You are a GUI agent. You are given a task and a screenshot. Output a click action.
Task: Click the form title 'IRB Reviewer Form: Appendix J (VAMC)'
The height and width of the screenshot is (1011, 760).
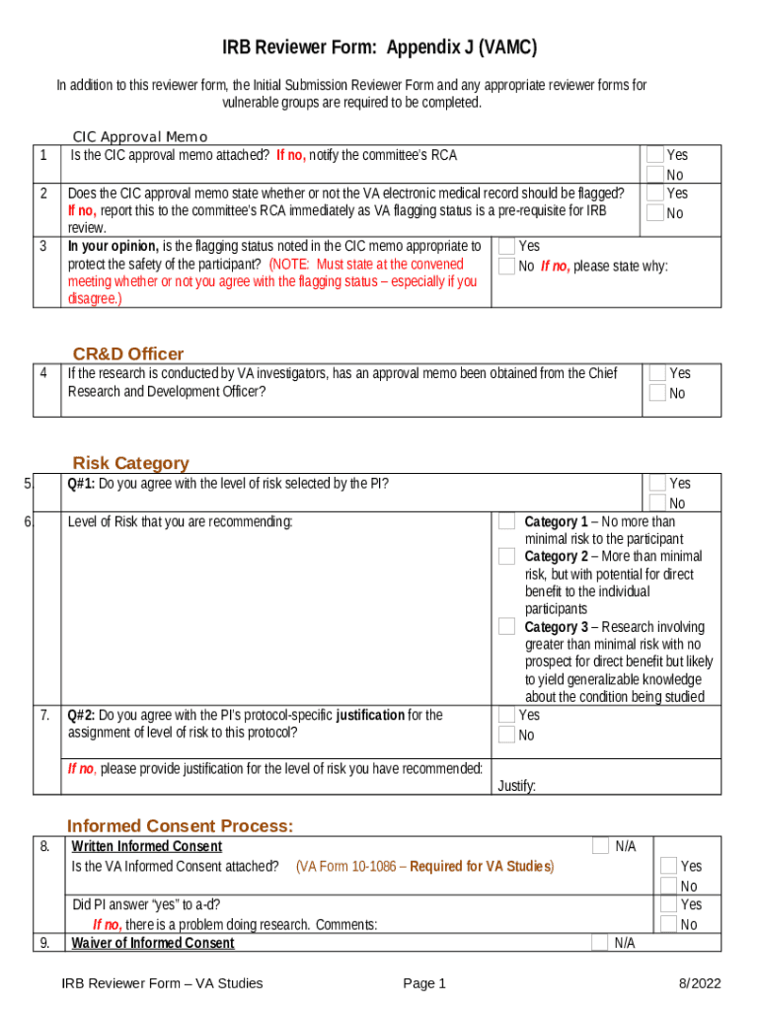point(379,48)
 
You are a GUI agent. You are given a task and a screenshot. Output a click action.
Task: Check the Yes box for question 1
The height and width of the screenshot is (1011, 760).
point(655,155)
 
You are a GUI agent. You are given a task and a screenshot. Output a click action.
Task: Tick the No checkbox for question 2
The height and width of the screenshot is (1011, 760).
point(655,212)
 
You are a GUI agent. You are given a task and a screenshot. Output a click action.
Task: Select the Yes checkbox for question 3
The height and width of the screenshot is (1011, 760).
point(506,246)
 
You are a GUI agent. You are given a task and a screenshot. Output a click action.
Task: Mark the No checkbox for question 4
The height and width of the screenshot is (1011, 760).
point(657,393)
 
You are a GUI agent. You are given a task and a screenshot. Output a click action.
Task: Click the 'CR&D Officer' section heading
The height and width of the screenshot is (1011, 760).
point(127,353)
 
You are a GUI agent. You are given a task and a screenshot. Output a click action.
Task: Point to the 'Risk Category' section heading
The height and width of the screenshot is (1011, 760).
point(130,463)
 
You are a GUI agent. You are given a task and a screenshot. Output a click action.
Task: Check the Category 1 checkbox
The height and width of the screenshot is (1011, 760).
point(506,521)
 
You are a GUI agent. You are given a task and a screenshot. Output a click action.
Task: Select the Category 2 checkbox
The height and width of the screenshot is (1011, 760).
point(506,557)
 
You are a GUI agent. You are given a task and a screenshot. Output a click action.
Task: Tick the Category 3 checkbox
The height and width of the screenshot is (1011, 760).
point(506,627)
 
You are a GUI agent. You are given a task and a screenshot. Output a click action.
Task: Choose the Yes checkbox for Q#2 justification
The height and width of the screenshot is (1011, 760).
point(506,715)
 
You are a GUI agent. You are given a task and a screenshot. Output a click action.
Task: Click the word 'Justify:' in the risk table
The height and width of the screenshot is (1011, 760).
point(516,786)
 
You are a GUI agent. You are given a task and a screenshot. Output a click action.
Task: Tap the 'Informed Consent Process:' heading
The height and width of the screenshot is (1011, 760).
point(180,825)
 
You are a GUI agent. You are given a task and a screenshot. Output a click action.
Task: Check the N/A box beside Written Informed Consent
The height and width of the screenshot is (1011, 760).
point(600,846)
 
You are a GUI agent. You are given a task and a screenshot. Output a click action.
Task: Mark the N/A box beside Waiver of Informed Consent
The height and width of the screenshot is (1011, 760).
point(599,943)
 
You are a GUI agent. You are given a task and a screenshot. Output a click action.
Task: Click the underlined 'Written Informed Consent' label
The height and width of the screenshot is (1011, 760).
point(146,846)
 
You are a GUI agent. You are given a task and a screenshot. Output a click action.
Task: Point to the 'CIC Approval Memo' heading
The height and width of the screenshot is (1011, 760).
point(139,137)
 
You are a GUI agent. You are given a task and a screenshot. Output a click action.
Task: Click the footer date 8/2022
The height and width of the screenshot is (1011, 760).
point(699,982)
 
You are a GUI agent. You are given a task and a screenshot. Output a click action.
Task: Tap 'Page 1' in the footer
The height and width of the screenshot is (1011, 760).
point(424,982)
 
